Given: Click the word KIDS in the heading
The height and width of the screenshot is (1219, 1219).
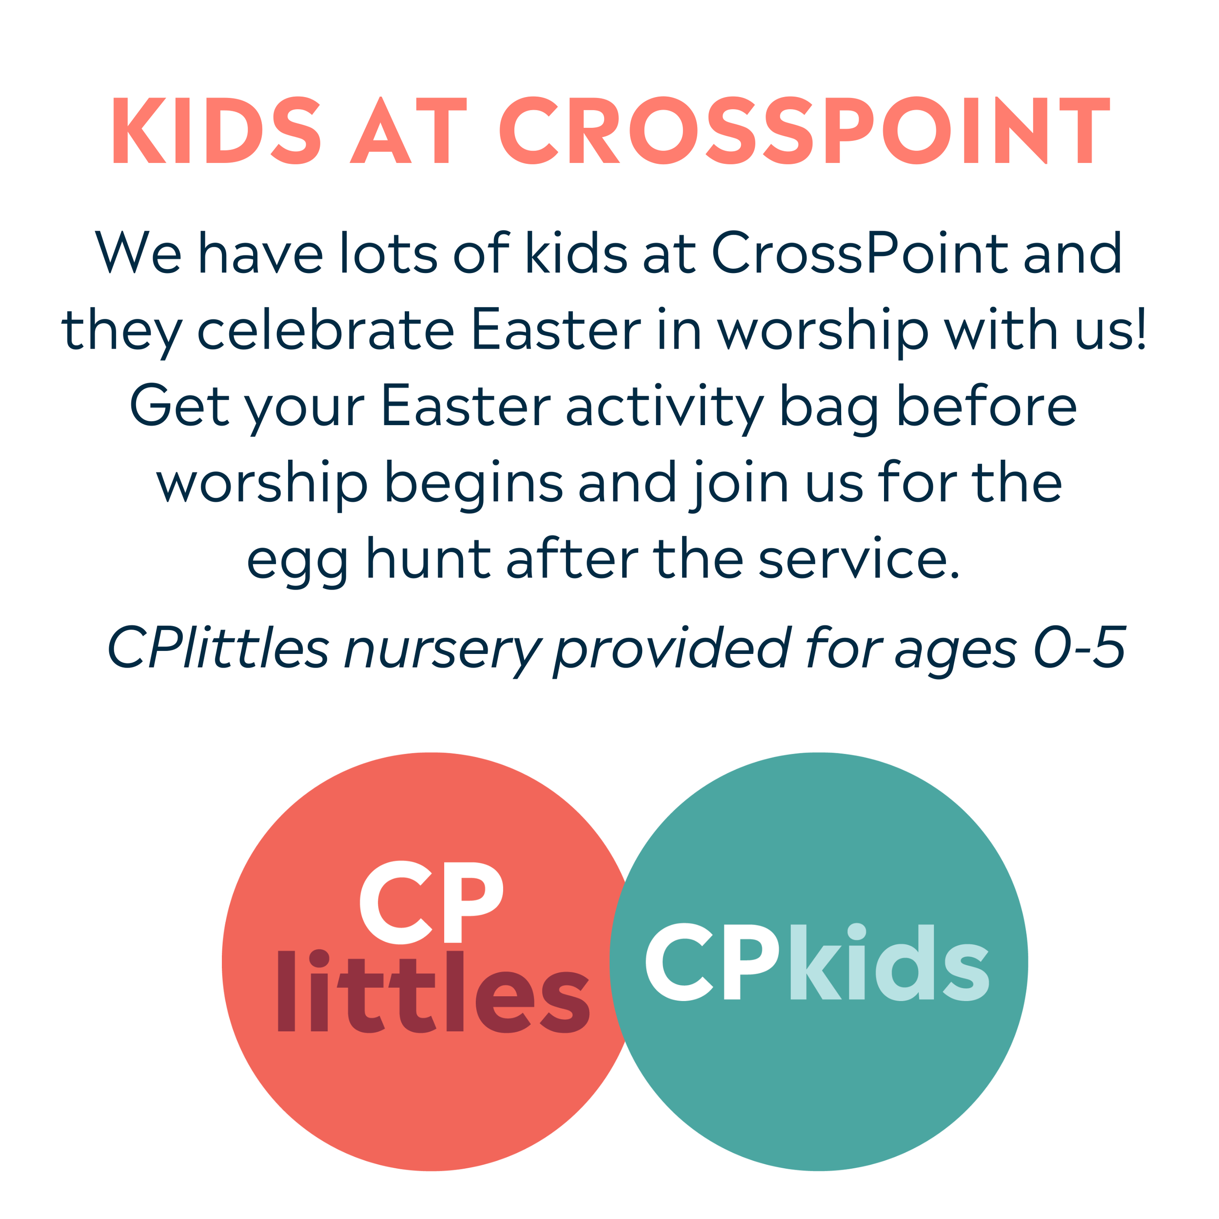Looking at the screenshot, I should [216, 131].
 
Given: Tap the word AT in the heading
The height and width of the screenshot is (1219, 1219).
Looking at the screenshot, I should [408, 131].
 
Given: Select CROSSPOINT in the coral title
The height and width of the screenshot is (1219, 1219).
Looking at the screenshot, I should [805, 131].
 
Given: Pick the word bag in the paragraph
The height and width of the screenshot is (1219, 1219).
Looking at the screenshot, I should [829, 407].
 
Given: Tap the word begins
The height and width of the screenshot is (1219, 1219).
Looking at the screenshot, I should [473, 484].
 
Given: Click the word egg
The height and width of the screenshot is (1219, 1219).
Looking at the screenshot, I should [297, 560].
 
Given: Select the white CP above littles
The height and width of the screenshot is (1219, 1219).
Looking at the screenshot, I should [432, 902].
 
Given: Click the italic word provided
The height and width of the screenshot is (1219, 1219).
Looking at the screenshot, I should [671, 648].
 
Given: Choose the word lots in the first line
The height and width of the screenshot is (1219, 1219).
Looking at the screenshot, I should [388, 254].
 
